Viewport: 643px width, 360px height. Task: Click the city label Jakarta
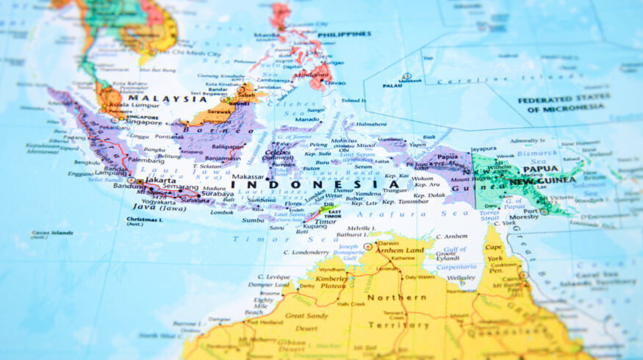pyautogui.click(x=160, y=179)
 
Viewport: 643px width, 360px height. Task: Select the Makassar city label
pyautogui.click(x=247, y=176)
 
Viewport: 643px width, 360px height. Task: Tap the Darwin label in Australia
pyautogui.click(x=388, y=243)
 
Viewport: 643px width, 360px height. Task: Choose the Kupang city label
pyautogui.click(x=314, y=226)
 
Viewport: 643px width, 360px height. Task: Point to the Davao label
pyautogui.click(x=334, y=83)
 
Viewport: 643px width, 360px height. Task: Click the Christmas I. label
pyautogui.click(x=144, y=219)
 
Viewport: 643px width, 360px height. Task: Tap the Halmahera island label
pyautogui.click(x=371, y=124)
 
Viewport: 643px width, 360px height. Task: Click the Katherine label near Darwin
pyautogui.click(x=402, y=259)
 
